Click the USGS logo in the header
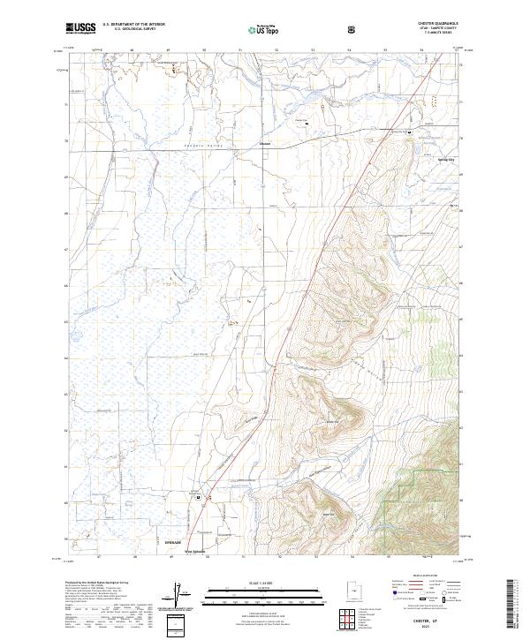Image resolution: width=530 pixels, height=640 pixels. pos(80,29)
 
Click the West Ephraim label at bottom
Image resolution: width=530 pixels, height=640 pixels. pos(195,553)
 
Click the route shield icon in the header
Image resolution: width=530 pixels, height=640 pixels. pos(353,29)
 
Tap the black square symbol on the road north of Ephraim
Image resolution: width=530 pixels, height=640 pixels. pos(199,497)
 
